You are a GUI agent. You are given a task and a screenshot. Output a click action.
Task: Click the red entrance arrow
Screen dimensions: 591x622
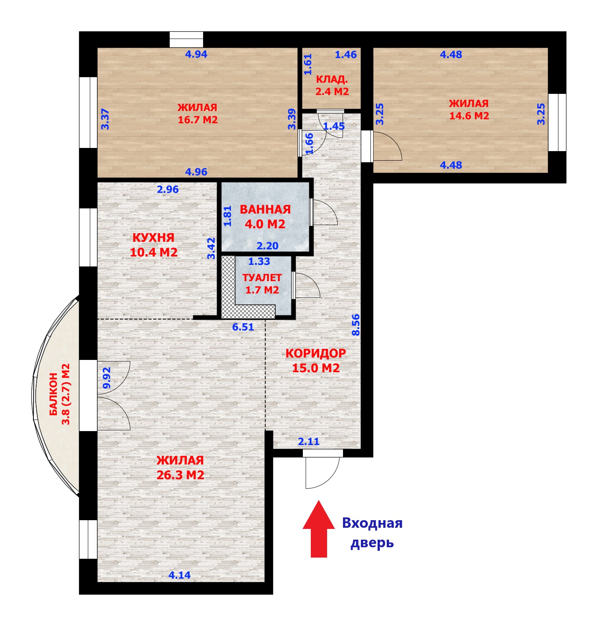[x=318, y=529]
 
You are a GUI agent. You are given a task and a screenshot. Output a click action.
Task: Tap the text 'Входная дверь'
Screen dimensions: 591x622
[x=372, y=533]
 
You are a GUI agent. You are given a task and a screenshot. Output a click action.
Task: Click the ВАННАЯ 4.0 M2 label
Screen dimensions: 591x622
[x=265, y=217]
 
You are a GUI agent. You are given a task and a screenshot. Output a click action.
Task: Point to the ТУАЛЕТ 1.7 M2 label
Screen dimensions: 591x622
[x=262, y=284]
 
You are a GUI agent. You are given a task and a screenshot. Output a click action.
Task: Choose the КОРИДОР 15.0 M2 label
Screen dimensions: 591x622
[x=316, y=360]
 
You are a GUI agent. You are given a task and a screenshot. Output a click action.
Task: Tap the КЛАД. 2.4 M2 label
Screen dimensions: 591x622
[x=332, y=86]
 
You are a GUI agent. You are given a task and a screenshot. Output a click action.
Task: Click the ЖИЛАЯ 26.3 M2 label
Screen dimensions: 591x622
[x=180, y=467]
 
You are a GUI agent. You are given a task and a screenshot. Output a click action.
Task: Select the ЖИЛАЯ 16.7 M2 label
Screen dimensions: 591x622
[x=198, y=114]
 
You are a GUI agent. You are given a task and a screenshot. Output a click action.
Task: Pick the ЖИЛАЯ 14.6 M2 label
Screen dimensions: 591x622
[x=469, y=110]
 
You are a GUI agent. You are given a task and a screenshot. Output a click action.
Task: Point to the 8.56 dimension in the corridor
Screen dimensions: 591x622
[x=356, y=325]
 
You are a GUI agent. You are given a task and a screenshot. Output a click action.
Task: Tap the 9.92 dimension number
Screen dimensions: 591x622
[x=106, y=378]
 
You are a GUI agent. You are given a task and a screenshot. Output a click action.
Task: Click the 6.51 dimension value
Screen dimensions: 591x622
[x=243, y=327]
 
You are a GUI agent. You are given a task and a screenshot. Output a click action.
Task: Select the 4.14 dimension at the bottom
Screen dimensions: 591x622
[x=180, y=575]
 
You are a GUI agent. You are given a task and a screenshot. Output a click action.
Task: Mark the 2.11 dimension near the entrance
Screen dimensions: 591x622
[x=309, y=441]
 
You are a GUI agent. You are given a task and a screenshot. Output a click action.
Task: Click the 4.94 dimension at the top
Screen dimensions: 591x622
[x=196, y=54]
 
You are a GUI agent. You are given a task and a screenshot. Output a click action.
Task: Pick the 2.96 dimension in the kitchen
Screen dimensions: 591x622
[x=168, y=189]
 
